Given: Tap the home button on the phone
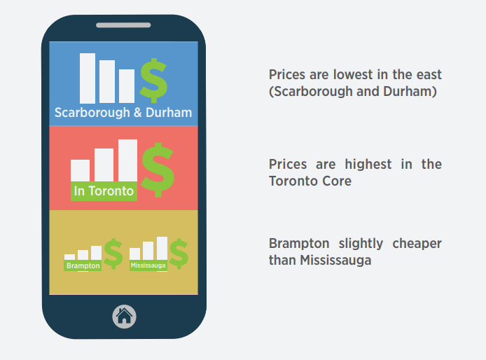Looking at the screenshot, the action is [x=124, y=317].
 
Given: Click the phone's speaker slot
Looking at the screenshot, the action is [x=123, y=25].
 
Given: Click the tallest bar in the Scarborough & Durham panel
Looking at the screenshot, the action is [x=88, y=78].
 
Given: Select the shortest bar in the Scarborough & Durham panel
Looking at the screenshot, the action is [x=127, y=86].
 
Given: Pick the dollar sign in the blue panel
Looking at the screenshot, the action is [x=154, y=81].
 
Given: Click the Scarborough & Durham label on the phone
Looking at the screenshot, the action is [x=123, y=112].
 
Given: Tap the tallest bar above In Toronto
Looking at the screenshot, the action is [x=127, y=160].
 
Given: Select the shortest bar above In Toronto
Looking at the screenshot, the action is [x=81, y=170].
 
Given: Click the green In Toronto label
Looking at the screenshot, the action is [x=104, y=191].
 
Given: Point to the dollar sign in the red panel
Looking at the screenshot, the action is [x=158, y=170].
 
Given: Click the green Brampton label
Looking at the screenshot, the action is [x=83, y=265].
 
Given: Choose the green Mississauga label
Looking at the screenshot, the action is [x=148, y=265].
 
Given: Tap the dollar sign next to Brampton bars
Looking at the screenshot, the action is [x=113, y=254].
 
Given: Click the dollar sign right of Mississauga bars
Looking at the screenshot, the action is [x=179, y=254].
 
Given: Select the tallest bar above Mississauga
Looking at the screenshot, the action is [x=162, y=249].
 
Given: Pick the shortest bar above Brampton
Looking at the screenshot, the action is [x=70, y=257].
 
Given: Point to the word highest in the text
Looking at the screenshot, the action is [x=368, y=164].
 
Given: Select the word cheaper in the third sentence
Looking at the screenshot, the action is [x=417, y=244].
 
